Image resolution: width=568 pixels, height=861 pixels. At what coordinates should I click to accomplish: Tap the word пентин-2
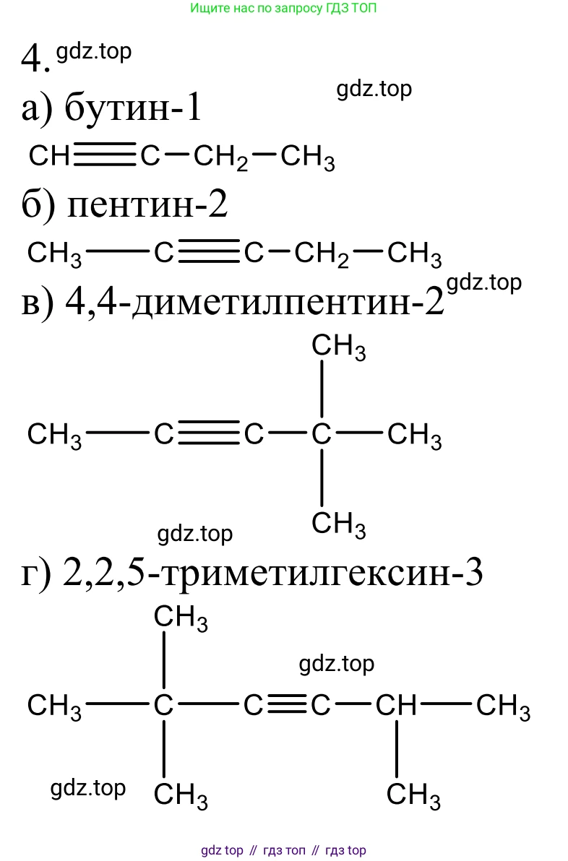pos(147,205)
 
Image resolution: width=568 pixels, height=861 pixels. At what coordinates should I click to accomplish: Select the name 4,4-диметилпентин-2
pos(254,302)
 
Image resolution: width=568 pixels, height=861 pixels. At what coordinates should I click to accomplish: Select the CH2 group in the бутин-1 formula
pos(220,157)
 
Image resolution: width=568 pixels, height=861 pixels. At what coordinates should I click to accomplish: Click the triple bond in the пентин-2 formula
pos(209,252)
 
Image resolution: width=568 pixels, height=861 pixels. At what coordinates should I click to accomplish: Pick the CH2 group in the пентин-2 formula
pos(322,255)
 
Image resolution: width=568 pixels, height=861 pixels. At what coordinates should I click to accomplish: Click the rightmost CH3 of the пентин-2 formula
pos(414,255)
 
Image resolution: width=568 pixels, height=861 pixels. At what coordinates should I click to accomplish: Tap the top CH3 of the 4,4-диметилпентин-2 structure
pos(338,347)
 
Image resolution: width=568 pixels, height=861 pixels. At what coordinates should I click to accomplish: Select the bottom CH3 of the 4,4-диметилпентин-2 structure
pos(338,525)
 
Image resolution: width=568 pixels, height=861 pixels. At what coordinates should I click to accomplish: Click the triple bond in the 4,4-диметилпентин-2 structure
pos(209,433)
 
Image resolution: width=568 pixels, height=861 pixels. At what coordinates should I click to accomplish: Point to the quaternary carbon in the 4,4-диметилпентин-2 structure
pos(322,434)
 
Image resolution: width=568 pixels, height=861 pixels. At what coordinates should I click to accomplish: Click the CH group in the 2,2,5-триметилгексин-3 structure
pos(396,705)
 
